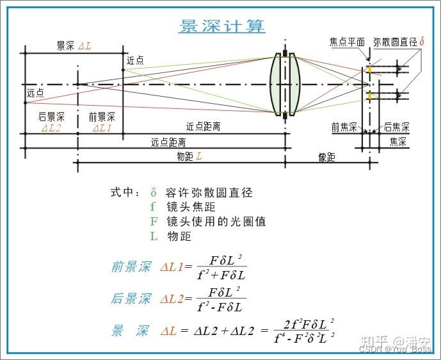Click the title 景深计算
tap(221, 26)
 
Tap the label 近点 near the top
tap(135, 60)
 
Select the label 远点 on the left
tap(36, 93)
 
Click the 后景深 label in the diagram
tap(51, 117)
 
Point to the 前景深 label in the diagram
tap(102, 117)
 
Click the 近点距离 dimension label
tap(203, 127)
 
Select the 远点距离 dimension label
tap(168, 142)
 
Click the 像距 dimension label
tap(326, 157)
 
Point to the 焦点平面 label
tap(347, 42)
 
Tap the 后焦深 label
tap(396, 127)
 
